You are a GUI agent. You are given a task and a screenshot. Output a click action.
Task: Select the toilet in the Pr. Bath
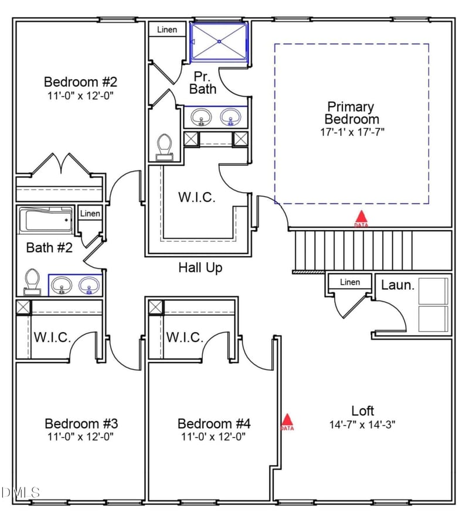[x=164, y=146]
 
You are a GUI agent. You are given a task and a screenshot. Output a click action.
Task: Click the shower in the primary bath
[x=220, y=42]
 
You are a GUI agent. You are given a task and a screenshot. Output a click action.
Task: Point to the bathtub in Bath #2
[x=46, y=221]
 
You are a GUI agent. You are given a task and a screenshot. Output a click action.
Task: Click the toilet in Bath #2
[x=32, y=282]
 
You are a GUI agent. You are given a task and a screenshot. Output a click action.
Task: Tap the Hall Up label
[x=200, y=268]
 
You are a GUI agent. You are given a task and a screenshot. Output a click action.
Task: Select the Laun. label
[x=398, y=285]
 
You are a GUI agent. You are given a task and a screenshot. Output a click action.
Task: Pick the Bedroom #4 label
[x=214, y=423]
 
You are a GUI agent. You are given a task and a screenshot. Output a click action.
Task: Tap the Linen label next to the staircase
[x=350, y=282]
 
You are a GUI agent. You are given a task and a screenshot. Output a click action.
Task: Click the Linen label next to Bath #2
[x=90, y=214]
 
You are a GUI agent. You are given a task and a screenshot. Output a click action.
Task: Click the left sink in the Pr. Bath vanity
[x=202, y=117]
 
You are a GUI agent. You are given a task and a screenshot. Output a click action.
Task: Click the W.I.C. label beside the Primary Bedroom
[x=196, y=197]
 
